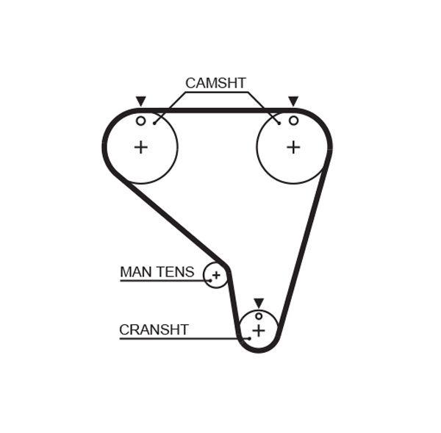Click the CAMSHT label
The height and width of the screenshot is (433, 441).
tap(215, 83)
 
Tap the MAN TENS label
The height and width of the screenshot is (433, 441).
tap(157, 272)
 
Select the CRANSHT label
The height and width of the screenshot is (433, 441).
tap(154, 330)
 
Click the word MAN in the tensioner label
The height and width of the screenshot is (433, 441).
tap(135, 272)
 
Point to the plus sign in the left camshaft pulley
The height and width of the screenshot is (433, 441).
tap(140, 147)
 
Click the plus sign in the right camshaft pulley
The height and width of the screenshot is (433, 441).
tap(293, 147)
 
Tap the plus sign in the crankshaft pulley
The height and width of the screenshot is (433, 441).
tap(258, 331)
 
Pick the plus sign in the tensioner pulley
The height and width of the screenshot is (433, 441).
tap(216, 276)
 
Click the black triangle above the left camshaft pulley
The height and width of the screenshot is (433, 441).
tap(140, 101)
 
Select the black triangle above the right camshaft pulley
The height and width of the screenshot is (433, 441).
tap(293, 101)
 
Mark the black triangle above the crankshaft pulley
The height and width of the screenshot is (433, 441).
tap(258, 302)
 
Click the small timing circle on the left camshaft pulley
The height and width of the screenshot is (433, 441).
tap(140, 120)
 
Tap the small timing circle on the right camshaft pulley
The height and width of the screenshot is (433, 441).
tap(293, 120)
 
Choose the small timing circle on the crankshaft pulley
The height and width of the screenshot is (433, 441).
tap(258, 316)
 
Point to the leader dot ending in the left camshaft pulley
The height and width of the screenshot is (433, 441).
tap(154, 122)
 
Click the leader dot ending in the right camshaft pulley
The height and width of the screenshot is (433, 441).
tap(279, 122)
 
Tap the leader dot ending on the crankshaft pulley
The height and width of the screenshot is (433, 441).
tap(248, 338)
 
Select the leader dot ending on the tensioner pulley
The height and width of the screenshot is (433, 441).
tap(209, 281)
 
